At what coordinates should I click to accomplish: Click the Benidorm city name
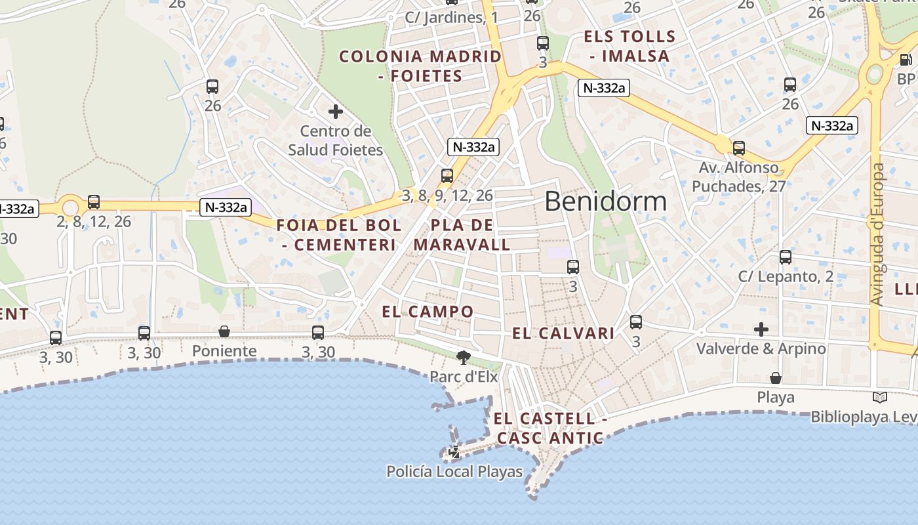coord(605,201)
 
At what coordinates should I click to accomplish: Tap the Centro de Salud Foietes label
coord(336,140)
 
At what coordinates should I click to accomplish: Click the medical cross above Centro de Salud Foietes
coord(336,112)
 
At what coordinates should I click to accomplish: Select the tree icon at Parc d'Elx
coord(464,358)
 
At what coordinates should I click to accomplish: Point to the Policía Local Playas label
coord(454,471)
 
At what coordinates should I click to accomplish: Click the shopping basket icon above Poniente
coord(224,331)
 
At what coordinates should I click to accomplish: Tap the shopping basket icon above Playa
coord(776,378)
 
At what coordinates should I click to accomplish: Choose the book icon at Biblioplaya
coord(880,397)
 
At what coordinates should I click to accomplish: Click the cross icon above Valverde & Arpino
coord(761,328)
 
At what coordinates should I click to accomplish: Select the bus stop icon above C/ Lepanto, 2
coord(786,257)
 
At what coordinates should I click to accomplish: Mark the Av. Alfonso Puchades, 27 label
coord(739,177)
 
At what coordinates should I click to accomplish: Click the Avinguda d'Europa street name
coord(877,234)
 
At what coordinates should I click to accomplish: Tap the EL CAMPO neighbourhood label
coord(428,312)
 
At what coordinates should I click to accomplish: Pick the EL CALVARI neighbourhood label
coord(563,333)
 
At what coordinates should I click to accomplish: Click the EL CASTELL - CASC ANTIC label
coord(549,428)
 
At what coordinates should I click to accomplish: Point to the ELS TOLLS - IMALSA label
coord(629,46)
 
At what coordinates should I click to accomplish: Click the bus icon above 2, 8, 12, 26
coord(94,202)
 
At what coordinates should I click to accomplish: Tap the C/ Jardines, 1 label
coord(451,18)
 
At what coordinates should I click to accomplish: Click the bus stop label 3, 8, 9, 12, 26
coord(447,195)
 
